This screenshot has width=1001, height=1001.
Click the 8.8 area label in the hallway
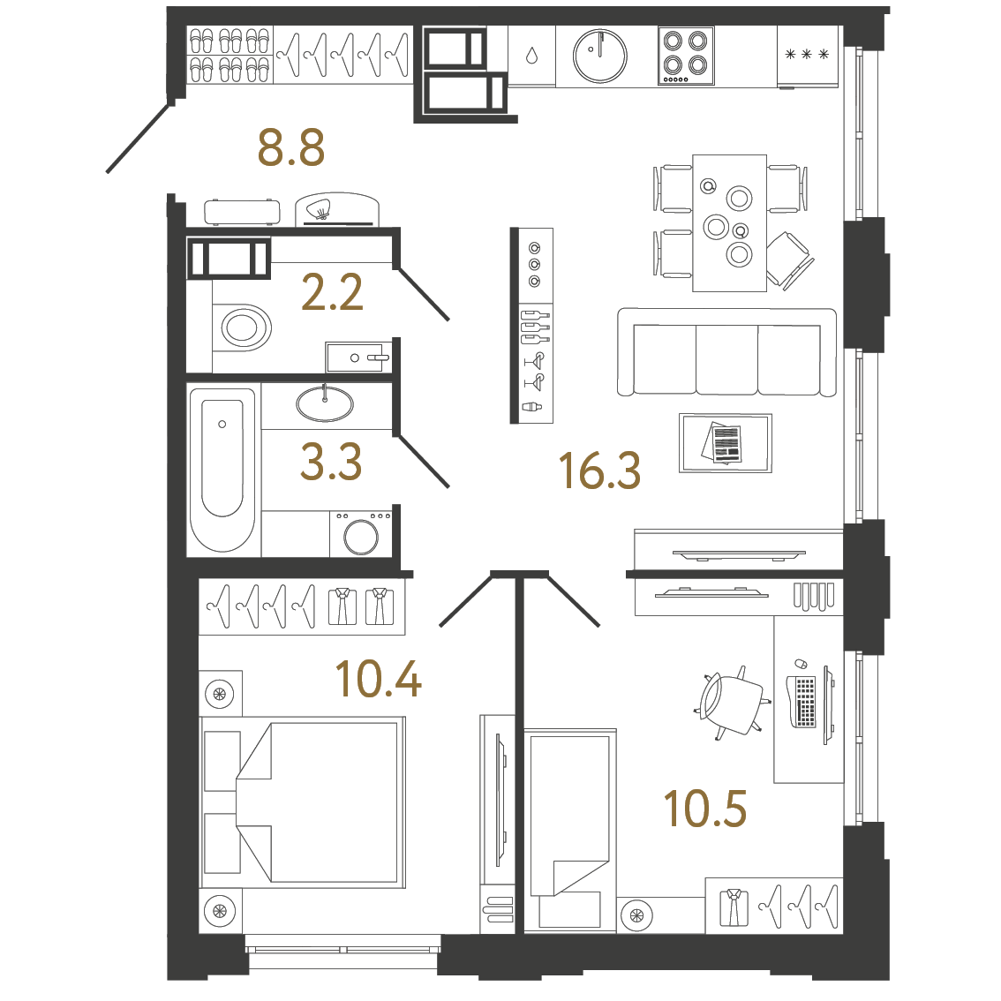tap(291, 147)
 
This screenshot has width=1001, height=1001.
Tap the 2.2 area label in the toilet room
tap(332, 292)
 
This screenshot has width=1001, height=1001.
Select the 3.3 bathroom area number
tap(331, 462)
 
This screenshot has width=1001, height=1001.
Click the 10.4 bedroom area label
tap(378, 679)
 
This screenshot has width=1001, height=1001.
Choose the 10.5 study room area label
tap(704, 809)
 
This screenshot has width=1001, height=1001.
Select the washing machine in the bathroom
tap(361, 533)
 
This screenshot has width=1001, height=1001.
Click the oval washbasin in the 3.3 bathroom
tap(325, 404)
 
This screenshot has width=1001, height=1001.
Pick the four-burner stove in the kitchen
tap(686, 55)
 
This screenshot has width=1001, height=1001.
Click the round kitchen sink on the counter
tap(599, 56)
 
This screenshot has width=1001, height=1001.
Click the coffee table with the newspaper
tap(725, 443)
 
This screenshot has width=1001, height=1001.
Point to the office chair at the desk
tap(733, 703)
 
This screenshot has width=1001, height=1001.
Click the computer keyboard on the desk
tap(805, 702)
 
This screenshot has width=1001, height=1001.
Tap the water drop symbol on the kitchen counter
tap(531, 56)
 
